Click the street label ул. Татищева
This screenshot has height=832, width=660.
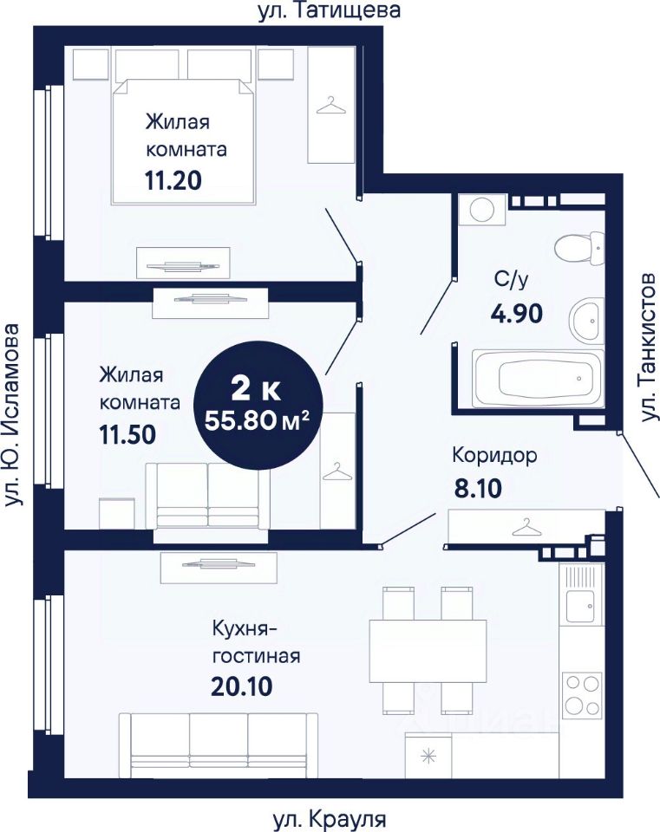point(329,10)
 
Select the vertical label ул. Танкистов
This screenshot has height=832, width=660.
point(649,348)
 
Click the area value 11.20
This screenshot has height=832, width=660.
point(173,181)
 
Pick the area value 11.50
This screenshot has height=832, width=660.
point(127,434)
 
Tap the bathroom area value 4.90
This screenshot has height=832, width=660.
point(516,314)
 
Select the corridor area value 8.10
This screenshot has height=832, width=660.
point(477,489)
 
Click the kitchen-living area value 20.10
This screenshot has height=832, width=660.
point(242,687)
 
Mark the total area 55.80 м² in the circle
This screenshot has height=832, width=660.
point(257,421)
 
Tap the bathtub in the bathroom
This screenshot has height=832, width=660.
point(539,379)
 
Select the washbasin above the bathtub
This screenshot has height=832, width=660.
point(587,320)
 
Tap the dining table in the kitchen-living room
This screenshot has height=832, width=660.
point(428,651)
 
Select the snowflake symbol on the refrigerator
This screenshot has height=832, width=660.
point(428,756)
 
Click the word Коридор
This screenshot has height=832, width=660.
point(495,456)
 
